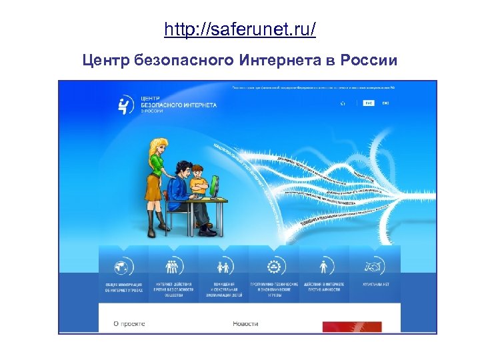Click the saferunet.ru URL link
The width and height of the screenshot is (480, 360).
click(x=240, y=31)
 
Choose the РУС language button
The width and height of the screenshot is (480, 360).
click(x=369, y=103)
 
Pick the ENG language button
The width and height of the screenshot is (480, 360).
click(x=385, y=103)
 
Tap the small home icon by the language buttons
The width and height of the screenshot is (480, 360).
click(x=343, y=103)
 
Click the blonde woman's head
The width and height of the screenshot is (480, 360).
click(x=159, y=148)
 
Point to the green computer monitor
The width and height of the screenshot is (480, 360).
click(x=215, y=186)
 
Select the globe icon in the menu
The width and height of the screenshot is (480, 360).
click(x=123, y=267)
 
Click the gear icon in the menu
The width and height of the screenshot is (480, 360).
click(x=273, y=267)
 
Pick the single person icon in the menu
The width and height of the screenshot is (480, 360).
click(x=324, y=267)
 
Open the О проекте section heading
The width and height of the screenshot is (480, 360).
click(x=129, y=323)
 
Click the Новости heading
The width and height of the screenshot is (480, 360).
click(x=245, y=323)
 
